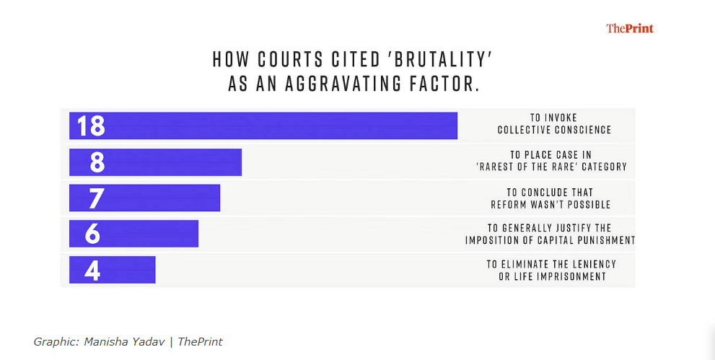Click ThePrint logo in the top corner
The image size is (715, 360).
[630, 29]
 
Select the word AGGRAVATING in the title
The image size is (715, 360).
[341, 84]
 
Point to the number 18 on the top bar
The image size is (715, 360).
[92, 126]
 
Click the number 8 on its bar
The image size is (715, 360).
[97, 162]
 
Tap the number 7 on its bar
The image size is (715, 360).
[97, 198]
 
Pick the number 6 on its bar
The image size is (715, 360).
[92, 234]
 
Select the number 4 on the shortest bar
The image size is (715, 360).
[92, 269]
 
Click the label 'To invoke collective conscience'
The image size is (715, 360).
[553, 124]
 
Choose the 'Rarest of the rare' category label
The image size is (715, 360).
[552, 161]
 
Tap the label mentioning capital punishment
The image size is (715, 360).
[550, 234]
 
